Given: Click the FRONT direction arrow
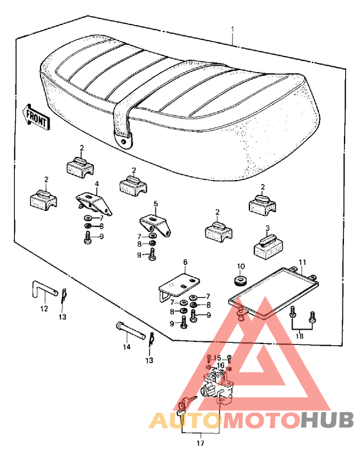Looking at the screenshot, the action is [x=36, y=117].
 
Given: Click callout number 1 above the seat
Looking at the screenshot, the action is [x=233, y=30].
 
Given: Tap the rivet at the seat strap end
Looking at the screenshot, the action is [x=125, y=141].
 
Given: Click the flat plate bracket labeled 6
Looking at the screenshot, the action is [x=179, y=287].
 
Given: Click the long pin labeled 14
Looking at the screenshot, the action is [x=130, y=330].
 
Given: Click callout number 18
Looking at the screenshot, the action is [x=300, y=336].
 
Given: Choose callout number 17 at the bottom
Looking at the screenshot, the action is [x=201, y=443].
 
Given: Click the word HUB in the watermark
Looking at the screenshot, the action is [x=327, y=420].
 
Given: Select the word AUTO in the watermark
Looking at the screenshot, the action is [x=185, y=420].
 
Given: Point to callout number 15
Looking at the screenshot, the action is [x=217, y=358].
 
